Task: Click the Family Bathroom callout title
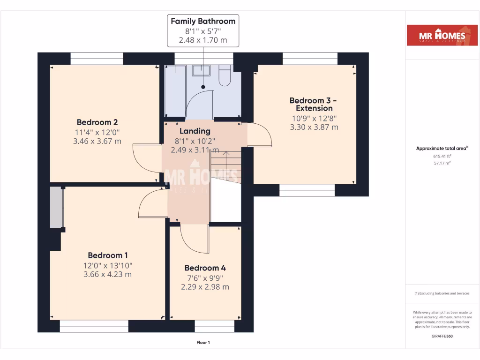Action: (x=203, y=21)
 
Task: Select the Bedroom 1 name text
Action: (x=107, y=255)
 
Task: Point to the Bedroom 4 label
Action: (x=205, y=268)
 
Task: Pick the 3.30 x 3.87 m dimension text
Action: (x=314, y=127)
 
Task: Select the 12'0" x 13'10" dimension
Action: (x=107, y=265)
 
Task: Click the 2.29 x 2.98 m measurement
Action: (x=205, y=287)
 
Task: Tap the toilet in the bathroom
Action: (x=225, y=76)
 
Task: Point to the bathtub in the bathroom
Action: (x=175, y=91)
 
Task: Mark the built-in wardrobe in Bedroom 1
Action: (x=56, y=207)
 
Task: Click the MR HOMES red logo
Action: (x=442, y=35)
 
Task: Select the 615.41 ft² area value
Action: (x=442, y=156)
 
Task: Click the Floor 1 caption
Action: (x=203, y=343)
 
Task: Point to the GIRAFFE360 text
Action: (x=442, y=336)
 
